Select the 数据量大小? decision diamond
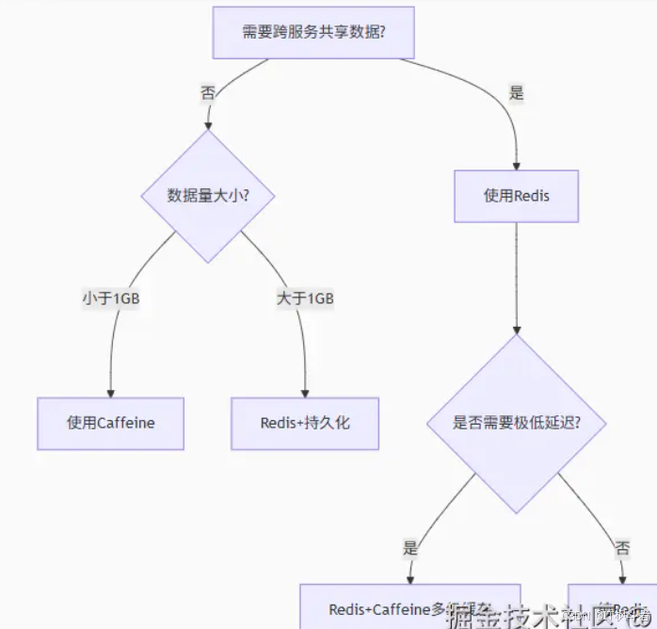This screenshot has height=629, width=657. click(x=207, y=196)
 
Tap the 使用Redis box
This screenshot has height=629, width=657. click(x=516, y=196)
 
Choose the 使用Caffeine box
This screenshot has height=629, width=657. click(x=110, y=423)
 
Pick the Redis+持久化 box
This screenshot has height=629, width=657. click(x=305, y=423)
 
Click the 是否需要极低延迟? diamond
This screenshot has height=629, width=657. click(x=516, y=423)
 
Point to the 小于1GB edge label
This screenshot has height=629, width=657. click(x=111, y=298)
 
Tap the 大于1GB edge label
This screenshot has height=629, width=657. click(x=305, y=298)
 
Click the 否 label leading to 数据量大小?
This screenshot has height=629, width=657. click(x=207, y=92)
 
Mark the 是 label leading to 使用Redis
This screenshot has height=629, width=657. click(x=516, y=92)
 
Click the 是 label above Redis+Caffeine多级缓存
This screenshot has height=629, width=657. click(x=409, y=546)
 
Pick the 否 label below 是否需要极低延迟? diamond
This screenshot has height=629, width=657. click(x=622, y=546)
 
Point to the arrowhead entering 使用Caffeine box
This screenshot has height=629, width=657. click(x=110, y=393)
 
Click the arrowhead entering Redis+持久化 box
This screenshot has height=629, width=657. click(x=305, y=393)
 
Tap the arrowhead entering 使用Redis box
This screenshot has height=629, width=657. click(x=516, y=165)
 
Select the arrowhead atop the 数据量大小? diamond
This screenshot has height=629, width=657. click(x=207, y=124)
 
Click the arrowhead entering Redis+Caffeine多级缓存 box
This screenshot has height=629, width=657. click(x=409, y=579)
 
